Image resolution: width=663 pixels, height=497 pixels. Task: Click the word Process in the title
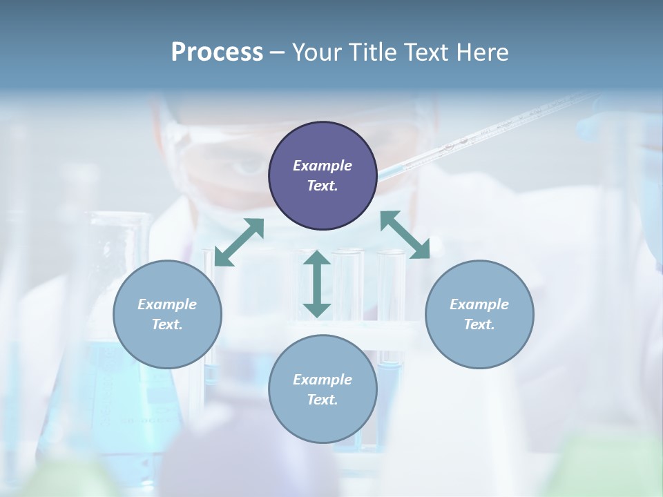coord(217,52)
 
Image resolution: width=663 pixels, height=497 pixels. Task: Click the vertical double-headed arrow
coord(317,284)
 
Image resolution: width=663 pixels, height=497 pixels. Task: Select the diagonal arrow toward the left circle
coord(240,242)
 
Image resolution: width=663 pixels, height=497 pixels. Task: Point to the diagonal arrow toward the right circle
coord(405,235)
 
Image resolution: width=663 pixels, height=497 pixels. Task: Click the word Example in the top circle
coord(323,166)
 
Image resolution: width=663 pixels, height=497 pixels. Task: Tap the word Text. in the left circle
coord(167,324)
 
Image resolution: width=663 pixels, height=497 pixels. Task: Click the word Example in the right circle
coord(479,304)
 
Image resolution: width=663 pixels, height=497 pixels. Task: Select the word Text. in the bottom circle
coord(323,400)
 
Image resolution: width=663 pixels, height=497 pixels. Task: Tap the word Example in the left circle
coord(167,304)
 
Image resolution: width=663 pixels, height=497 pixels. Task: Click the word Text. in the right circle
coord(479,324)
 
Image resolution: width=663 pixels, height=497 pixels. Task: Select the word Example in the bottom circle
coord(323,380)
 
